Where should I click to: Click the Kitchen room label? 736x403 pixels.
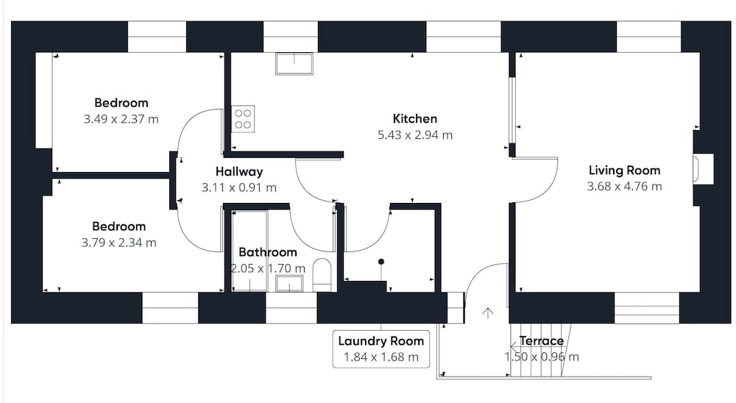(414, 118)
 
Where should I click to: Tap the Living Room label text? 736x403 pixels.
(624, 171)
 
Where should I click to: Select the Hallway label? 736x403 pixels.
(239, 171)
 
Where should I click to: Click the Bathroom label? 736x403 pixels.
(268, 252)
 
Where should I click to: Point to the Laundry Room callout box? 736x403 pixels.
(381, 349)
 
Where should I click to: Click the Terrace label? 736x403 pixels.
(541, 341)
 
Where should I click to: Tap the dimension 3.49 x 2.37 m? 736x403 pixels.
(121, 119)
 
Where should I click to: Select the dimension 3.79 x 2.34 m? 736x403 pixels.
(118, 243)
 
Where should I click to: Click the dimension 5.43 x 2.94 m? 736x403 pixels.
(415, 135)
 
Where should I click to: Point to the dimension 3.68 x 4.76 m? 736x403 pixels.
(624, 186)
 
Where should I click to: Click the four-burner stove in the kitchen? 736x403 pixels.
(243, 118)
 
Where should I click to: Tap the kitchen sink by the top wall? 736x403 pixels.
(294, 64)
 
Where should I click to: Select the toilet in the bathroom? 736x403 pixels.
(322, 274)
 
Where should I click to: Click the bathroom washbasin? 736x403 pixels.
(289, 283)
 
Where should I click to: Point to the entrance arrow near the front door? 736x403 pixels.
(488, 313)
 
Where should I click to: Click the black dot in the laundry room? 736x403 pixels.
(381, 261)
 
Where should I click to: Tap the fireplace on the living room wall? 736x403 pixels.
(703, 169)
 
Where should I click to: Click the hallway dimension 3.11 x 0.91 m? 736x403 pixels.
(239, 188)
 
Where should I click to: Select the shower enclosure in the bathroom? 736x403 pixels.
(250, 251)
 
